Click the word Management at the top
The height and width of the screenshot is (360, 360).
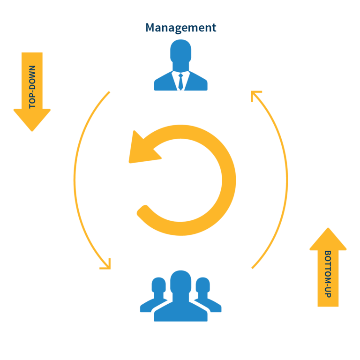pyautogui.click(x=180, y=28)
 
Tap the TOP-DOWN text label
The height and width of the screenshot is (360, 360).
pyautogui.click(x=32, y=87)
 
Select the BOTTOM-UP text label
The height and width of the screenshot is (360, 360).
pyautogui.click(x=328, y=274)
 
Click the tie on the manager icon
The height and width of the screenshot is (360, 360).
pyautogui.click(x=180, y=82)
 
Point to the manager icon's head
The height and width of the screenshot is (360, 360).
pyautogui.click(x=180, y=51)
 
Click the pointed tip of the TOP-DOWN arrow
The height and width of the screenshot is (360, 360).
pyautogui.click(x=32, y=131)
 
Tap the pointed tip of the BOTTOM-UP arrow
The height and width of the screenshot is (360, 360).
pyautogui.click(x=328, y=228)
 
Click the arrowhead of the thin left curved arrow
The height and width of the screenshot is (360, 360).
pyautogui.click(x=107, y=266)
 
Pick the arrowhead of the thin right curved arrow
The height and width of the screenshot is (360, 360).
pyautogui.click(x=255, y=94)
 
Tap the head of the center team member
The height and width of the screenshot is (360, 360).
pyautogui.click(x=180, y=282)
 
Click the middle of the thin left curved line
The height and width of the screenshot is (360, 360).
pyautogui.click(x=75, y=180)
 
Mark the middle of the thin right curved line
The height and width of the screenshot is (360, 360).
pyautogui.click(x=287, y=180)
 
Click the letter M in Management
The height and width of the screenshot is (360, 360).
pyautogui.click(x=150, y=28)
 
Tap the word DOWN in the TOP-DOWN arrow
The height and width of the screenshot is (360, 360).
pyautogui.click(x=32, y=76)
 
